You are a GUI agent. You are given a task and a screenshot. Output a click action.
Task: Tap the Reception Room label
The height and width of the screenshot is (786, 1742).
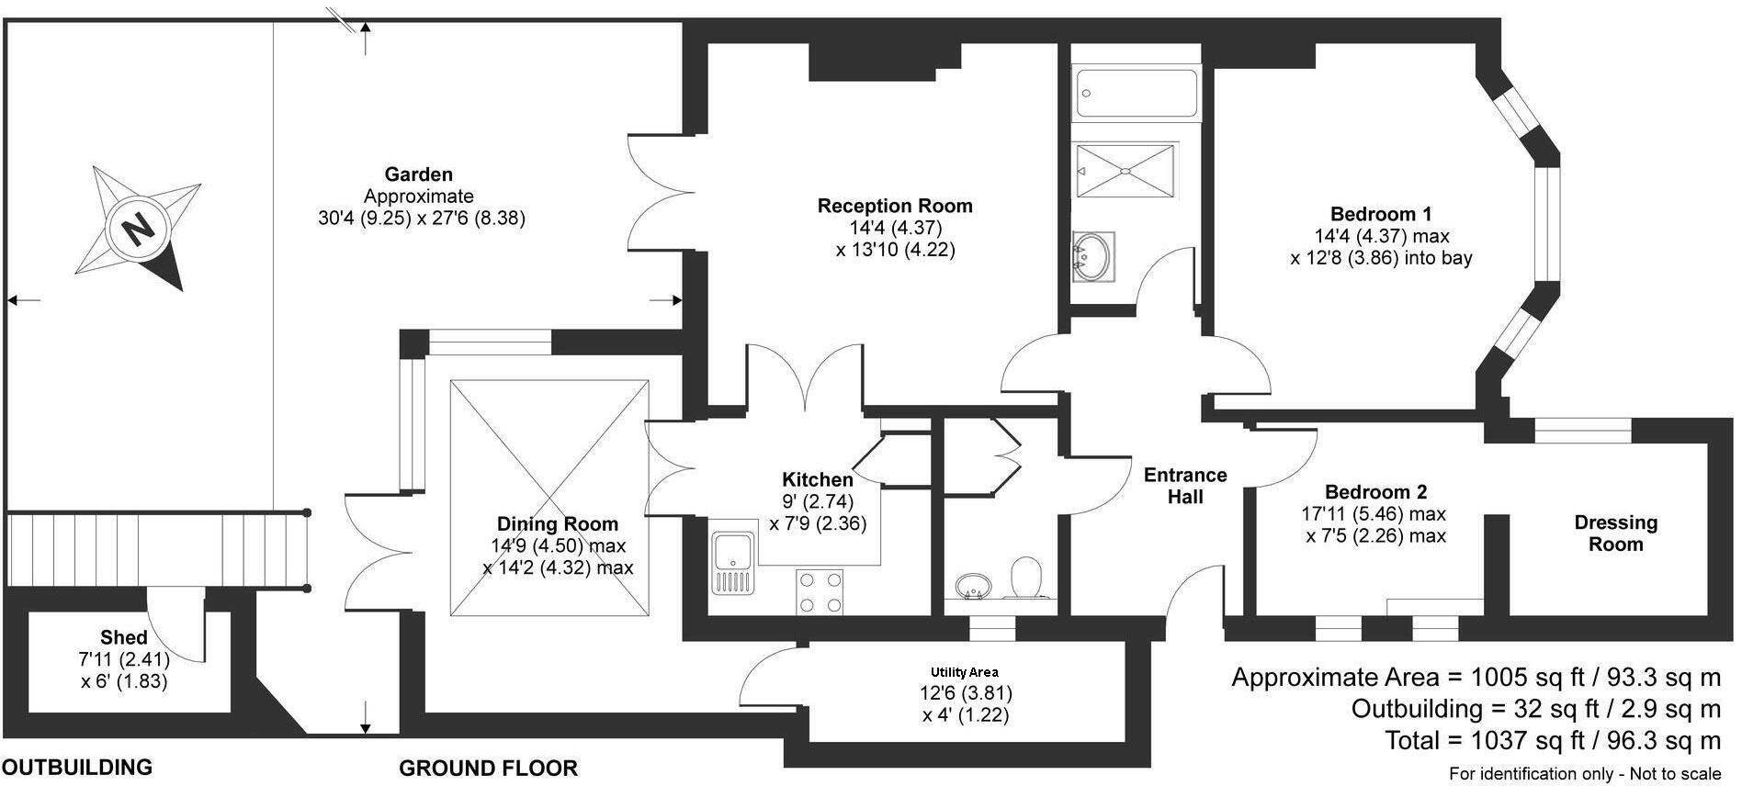(894, 206)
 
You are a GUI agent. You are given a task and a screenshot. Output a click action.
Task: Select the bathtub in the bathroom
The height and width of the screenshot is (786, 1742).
(1137, 93)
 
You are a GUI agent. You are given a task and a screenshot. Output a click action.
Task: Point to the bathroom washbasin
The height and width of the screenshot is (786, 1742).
(1093, 254)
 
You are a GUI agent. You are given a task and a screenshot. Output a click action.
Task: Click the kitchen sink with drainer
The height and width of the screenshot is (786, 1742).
(732, 561)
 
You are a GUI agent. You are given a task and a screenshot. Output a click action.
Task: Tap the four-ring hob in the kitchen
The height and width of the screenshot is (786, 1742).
(820, 591)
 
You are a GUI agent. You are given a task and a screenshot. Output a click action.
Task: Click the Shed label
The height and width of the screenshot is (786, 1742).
(124, 637)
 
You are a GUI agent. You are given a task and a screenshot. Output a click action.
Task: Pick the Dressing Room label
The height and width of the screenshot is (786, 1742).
(1615, 533)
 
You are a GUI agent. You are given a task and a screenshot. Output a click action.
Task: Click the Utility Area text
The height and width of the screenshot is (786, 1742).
(964, 672)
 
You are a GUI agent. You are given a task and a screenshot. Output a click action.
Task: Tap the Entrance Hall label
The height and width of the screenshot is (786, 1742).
(1184, 486)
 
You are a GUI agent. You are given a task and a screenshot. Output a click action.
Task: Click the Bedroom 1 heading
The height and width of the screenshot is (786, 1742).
(1380, 214)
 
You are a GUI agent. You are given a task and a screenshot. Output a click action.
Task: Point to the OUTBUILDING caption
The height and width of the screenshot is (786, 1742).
(77, 767)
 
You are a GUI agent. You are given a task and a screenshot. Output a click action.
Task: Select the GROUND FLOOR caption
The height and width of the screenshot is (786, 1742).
(488, 768)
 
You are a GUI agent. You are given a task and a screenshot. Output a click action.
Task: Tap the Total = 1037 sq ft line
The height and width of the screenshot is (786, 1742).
(1552, 740)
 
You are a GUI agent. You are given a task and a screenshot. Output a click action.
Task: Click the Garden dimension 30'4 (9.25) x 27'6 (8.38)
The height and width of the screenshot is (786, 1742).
(421, 219)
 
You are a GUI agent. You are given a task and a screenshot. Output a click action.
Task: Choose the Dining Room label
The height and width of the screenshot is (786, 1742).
(557, 524)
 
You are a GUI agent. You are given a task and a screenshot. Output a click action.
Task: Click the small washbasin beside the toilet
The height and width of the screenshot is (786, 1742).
(972, 584)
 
